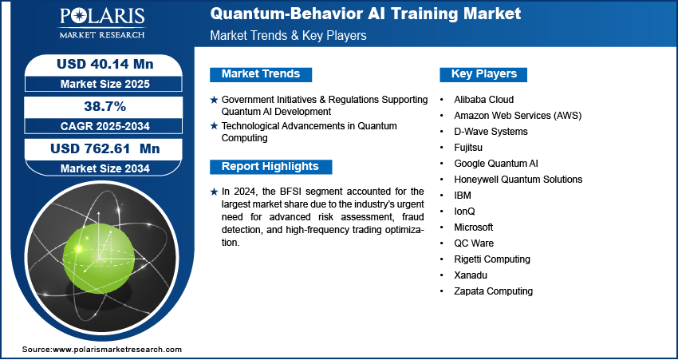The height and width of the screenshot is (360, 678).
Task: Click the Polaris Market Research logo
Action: coord(102,22)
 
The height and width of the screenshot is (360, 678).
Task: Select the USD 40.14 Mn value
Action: coord(105,64)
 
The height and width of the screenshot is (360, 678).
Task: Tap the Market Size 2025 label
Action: coord(105,84)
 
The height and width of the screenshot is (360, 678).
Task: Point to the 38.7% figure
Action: coord(104,106)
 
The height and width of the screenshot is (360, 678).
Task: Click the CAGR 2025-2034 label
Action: coord(105,126)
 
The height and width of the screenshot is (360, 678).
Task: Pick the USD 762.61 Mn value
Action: coord(105,148)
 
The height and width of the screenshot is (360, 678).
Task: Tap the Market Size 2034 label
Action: coord(105,168)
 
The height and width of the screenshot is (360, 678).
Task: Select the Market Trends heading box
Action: coord(261,74)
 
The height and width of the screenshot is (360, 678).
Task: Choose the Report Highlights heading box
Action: coord(270,167)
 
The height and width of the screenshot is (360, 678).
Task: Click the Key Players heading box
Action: coord(483,74)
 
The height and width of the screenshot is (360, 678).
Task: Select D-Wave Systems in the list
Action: coord(491,131)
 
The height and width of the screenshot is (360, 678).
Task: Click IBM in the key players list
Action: coord(462,195)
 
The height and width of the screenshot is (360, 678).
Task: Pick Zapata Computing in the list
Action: coord(493,291)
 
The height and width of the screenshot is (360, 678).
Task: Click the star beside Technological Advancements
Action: coord(214,126)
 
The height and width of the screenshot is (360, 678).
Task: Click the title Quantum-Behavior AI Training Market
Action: coord(365,14)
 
